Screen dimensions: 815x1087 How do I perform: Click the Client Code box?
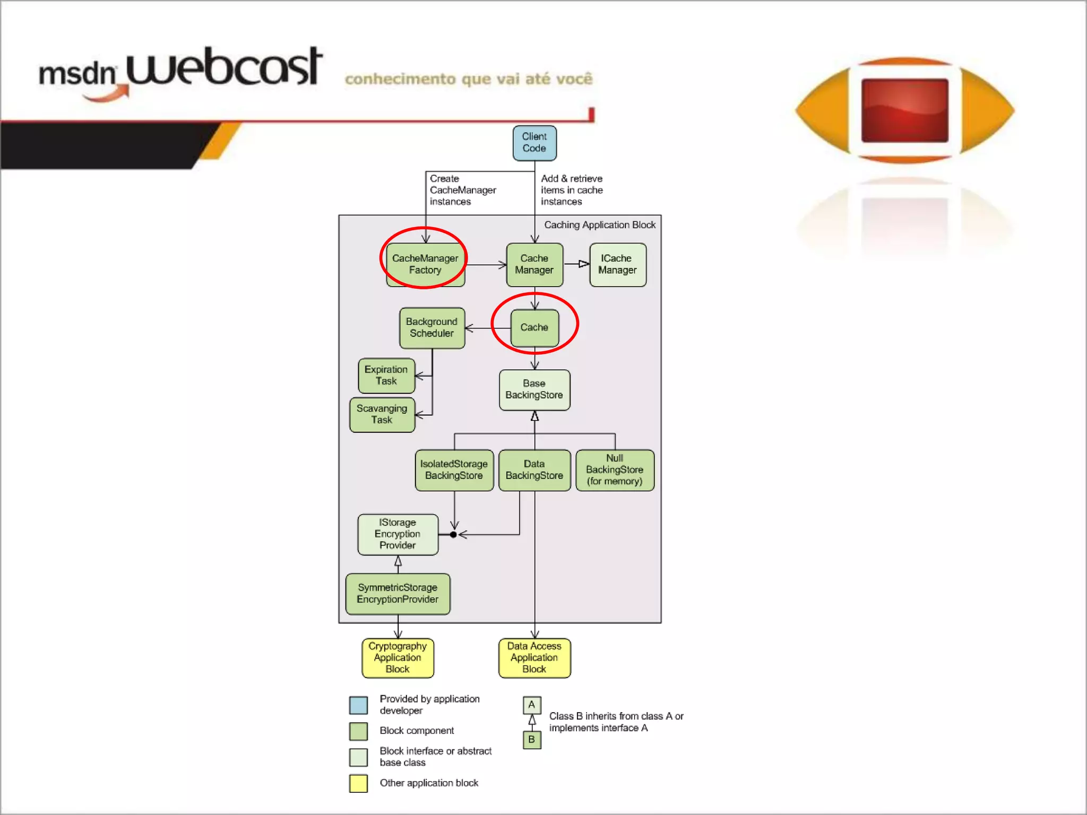point(534,143)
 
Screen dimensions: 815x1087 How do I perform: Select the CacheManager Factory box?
point(425,264)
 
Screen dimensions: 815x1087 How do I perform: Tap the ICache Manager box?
point(617,264)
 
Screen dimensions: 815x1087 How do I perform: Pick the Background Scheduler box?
point(432,328)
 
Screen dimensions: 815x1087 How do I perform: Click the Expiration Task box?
point(386,376)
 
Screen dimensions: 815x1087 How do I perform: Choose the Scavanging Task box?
point(382,414)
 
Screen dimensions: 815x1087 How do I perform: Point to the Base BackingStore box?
point(534,389)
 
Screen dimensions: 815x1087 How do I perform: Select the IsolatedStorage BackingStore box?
point(454,470)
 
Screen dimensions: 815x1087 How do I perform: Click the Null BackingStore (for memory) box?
point(615,470)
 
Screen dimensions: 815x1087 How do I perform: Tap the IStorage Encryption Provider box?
point(398,534)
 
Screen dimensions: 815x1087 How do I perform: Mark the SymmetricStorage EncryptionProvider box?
point(398,594)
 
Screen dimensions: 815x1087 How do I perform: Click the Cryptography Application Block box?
point(398,658)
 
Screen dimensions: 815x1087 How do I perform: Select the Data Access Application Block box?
point(534,658)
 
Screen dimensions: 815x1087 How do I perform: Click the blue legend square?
point(359,705)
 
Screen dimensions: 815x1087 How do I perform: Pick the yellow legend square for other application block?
point(359,783)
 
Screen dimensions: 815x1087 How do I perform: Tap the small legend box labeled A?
point(532,705)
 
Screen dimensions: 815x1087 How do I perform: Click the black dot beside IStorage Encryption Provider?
point(453,535)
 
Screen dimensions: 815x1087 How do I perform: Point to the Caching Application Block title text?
point(600,225)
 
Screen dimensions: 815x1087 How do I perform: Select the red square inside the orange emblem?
point(905,110)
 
